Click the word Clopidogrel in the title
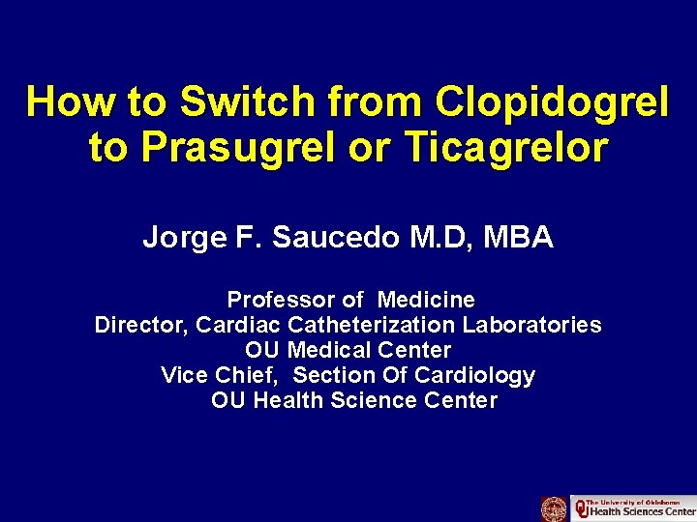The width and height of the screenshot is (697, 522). [552, 101]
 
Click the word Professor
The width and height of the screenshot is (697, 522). [281, 300]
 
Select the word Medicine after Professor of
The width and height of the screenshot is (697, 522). [426, 300]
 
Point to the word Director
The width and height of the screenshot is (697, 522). [138, 325]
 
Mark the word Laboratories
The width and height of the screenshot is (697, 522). [532, 325]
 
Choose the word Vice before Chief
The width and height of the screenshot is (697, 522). [182, 375]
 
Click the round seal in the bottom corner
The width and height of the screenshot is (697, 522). [554, 508]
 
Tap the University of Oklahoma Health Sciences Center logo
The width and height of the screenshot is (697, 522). [633, 508]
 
